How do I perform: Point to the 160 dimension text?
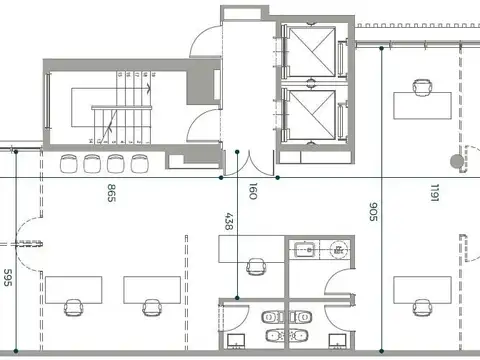click(x=252, y=191)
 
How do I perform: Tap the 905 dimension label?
click(x=372, y=211)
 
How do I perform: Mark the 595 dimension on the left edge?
click(x=7, y=277)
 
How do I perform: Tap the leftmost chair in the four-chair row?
click(x=69, y=163)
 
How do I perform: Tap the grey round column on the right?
click(x=457, y=159)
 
